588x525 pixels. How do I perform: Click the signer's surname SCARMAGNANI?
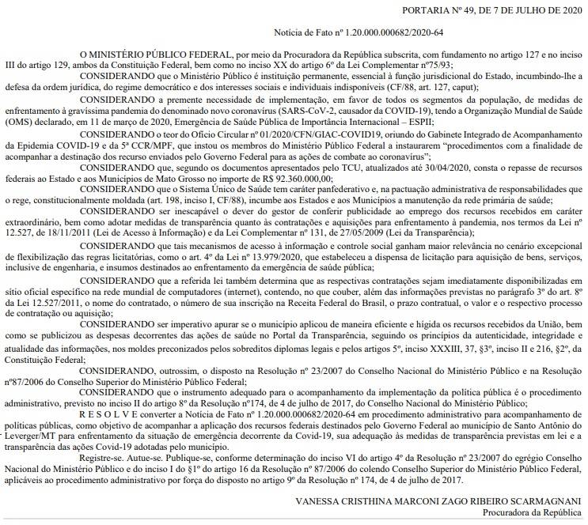pos(541,500)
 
